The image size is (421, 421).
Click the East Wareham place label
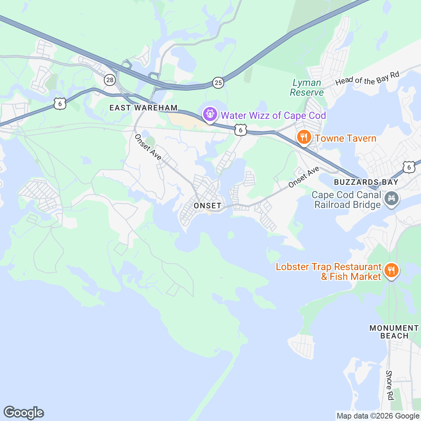pyautogui.click(x=143, y=108)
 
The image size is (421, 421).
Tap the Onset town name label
pyautogui.click(x=207, y=206)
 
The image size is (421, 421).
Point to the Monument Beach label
pyautogui.click(x=394, y=332)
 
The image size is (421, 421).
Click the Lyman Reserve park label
pyautogui.click(x=307, y=88)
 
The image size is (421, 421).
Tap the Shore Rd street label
pyautogui.click(x=389, y=385)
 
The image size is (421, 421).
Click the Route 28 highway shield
pyautogui.click(x=110, y=80)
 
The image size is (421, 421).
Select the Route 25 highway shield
pyautogui.click(x=218, y=82)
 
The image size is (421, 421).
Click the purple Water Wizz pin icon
pyautogui.click(x=210, y=114)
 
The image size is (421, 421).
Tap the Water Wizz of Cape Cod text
pyautogui.click(x=273, y=115)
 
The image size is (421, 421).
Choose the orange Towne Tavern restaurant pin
pyautogui.click(x=304, y=137)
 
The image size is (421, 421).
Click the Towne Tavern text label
pyautogui.click(x=346, y=138)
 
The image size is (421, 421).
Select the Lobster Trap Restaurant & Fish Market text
pyautogui.click(x=328, y=272)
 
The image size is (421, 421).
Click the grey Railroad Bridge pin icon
pyautogui.click(x=392, y=198)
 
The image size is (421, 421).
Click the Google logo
pyautogui.click(x=24, y=413)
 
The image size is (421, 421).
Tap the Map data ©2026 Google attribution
pyautogui.click(x=378, y=416)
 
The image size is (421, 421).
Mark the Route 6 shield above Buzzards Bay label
pyautogui.click(x=409, y=167)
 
